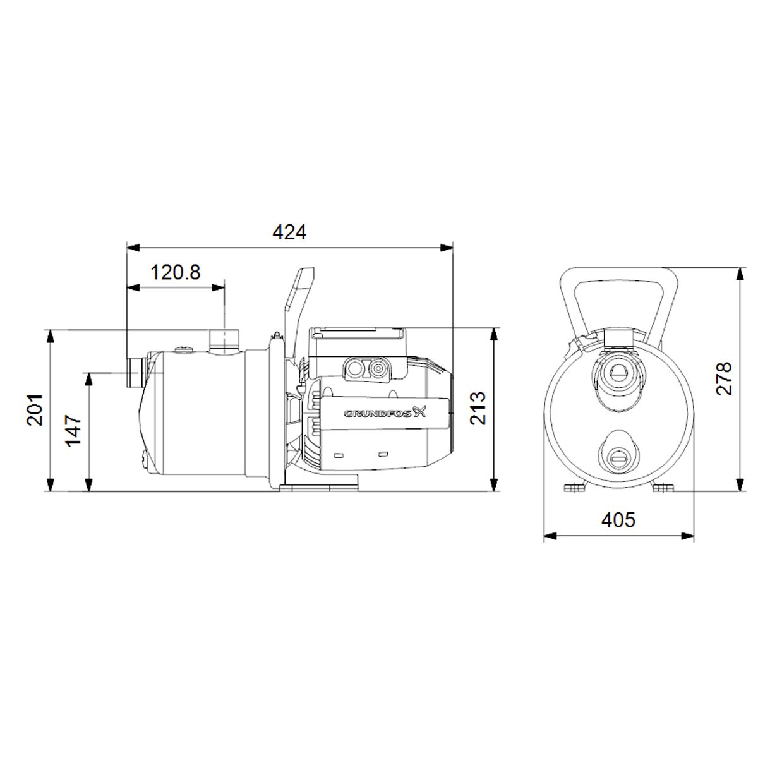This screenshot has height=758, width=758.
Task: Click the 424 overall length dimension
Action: tap(289, 232)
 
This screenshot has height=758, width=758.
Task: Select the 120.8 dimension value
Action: tap(176, 272)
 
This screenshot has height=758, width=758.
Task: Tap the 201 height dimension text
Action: tap(35, 410)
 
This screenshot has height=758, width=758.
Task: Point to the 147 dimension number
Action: tap(73, 430)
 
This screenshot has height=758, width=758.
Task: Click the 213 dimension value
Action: tap(478, 408)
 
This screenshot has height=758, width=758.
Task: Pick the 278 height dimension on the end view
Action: tap(723, 378)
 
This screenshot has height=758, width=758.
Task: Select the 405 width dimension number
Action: tap(618, 520)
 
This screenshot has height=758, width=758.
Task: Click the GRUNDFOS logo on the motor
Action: tap(385, 413)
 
